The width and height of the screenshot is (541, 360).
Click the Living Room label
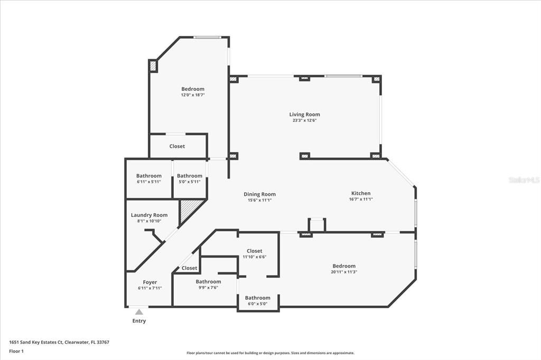coord(304,115)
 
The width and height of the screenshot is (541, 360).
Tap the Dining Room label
coord(259,194)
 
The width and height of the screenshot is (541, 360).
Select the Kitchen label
coord(361,193)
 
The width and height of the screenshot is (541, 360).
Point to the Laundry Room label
coord(149,215)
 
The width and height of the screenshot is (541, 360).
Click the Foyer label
coord(150,282)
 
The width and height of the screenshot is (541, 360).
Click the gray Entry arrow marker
coord(139,312)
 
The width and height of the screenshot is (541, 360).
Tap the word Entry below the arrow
coord(139,321)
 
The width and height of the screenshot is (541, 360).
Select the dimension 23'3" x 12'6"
coord(304,120)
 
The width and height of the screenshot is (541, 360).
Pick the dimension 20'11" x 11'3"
coord(344,272)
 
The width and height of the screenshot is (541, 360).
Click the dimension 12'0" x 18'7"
coord(193,95)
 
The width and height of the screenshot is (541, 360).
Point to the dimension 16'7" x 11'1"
coord(361,199)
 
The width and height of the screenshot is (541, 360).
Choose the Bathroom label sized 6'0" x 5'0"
coord(258,298)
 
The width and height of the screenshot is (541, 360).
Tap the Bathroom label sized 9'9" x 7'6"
coord(208,282)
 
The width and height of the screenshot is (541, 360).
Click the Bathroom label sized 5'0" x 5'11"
coord(190,176)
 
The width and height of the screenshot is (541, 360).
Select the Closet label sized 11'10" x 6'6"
coord(254,251)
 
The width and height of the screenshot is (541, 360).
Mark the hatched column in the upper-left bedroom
coord(153,65)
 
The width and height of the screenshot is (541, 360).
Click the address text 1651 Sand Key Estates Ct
coord(36,343)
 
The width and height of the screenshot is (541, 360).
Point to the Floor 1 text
coord(16,352)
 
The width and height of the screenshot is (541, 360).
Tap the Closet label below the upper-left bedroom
coord(177,146)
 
